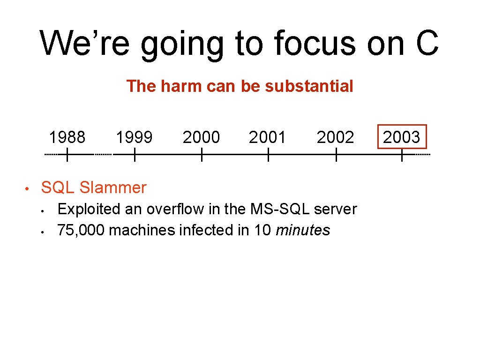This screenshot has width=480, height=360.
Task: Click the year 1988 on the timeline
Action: [x=67, y=137]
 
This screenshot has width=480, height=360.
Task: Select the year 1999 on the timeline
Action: [x=134, y=137]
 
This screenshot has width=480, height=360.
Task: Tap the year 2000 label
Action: [x=201, y=137]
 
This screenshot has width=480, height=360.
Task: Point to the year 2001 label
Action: [x=268, y=137]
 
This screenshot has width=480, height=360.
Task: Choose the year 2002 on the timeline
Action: [x=335, y=137]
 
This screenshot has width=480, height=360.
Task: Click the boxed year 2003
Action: [x=402, y=137]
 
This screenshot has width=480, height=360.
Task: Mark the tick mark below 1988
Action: [x=67, y=154]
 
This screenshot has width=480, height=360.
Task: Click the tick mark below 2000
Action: [x=201, y=154]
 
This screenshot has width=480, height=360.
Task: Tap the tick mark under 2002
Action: [x=336, y=154]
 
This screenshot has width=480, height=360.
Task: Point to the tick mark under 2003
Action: [x=402, y=154]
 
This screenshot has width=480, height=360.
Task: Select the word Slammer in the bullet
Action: [x=113, y=187]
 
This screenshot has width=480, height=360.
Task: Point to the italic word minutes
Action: [x=303, y=230]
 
